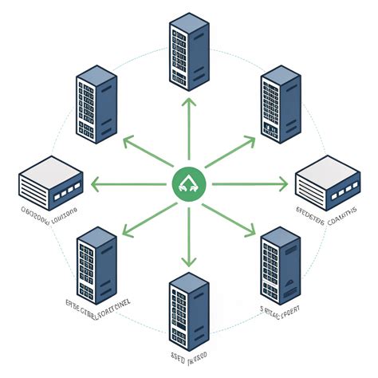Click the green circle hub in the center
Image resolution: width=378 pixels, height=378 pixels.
point(189,186)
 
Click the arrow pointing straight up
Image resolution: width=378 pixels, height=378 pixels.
point(189,132)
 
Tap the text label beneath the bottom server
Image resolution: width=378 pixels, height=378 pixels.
point(188,353)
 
